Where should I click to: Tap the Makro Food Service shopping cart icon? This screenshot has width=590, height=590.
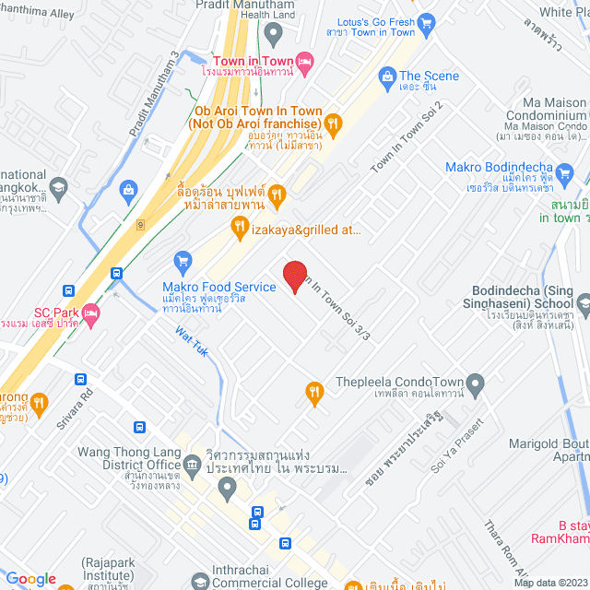point(183,262)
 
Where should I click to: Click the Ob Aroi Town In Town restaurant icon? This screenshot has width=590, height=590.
point(334,123)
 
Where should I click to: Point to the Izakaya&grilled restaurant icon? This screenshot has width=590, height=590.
point(240,226)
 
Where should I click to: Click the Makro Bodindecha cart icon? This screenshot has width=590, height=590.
point(565,173)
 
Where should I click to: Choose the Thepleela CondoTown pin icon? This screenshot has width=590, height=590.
point(476,382)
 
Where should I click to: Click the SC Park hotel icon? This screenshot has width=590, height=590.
point(90,316)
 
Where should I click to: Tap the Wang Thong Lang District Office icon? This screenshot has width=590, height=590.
point(192,464)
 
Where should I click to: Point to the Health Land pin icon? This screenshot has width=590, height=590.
point(272,33)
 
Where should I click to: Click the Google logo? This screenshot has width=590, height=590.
point(31,578)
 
